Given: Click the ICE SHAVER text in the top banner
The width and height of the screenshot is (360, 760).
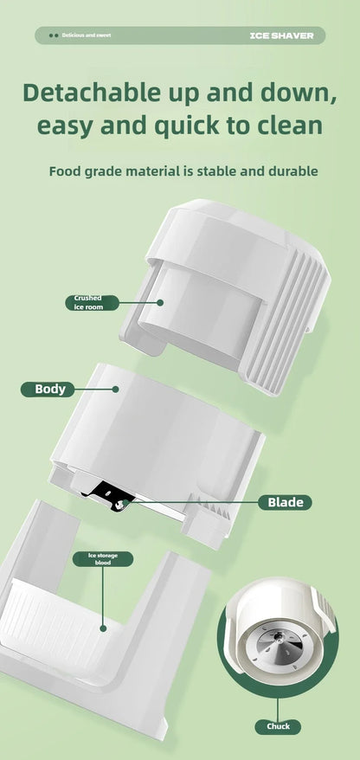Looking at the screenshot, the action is point(281,35).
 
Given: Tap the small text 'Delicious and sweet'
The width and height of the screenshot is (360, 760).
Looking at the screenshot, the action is point(87,35).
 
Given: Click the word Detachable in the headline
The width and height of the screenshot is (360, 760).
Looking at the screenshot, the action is point(91,93).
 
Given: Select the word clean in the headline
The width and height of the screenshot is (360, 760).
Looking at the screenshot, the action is point(286,125).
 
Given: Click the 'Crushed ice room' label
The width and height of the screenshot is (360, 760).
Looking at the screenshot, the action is point(92,302).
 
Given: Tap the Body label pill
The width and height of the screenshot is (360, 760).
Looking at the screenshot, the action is point(48,389).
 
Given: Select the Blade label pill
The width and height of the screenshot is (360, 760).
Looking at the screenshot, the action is point(285,502).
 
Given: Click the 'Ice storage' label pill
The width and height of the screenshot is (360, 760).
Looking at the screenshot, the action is point(103,559).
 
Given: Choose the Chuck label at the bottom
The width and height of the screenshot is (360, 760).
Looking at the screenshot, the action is point(278,726).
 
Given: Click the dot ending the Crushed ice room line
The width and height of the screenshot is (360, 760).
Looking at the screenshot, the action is point(160,302).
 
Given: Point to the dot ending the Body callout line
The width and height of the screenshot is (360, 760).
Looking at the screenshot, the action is point(115,389).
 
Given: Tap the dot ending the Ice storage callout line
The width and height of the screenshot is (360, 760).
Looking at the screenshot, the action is point(103,628).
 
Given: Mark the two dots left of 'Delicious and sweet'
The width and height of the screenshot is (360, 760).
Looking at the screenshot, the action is point(54,35).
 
